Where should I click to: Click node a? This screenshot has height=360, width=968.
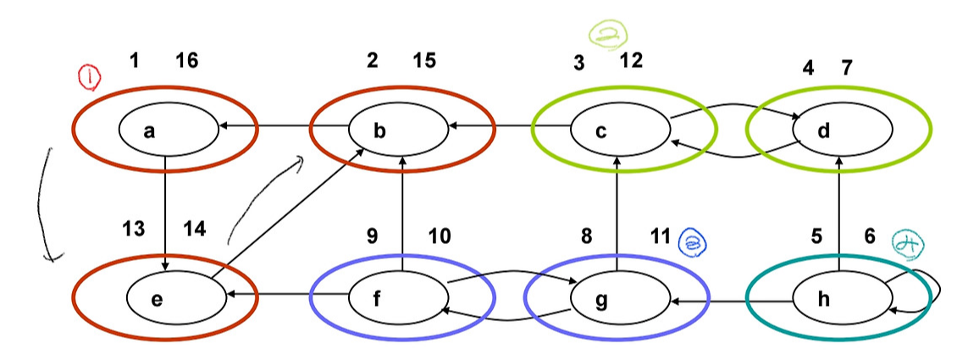click(x=169, y=130)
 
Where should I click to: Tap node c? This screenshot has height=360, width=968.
click(x=620, y=130)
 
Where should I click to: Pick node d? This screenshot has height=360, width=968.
click(x=842, y=130)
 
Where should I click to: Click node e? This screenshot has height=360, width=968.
click(x=176, y=299)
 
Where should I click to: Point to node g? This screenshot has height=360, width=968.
click(x=620, y=299)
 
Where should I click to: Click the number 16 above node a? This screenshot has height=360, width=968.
click(x=187, y=60)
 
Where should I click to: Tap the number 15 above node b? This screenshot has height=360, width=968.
click(x=423, y=60)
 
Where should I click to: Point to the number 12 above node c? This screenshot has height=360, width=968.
click(x=630, y=60)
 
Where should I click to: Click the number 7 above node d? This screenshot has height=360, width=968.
click(x=846, y=68)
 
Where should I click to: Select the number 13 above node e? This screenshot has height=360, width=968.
click(x=133, y=229)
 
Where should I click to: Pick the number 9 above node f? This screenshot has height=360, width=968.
click(x=373, y=235)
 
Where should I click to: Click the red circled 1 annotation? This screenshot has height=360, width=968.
click(x=89, y=78)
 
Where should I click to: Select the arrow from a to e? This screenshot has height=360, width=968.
click(x=165, y=213)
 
